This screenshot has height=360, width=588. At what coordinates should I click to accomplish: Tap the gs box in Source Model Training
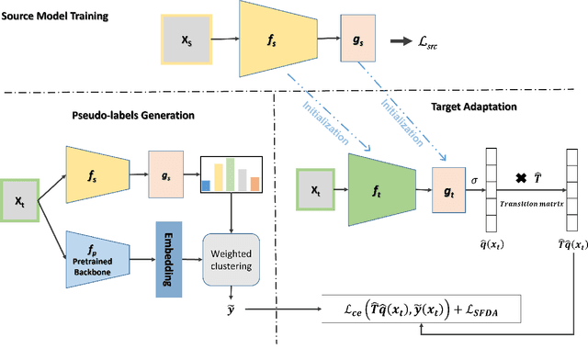pyautogui.click(x=356, y=40)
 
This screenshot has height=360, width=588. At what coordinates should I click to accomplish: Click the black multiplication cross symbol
pyautogui.click(x=521, y=177)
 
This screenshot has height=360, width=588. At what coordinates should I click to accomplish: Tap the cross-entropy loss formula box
pyautogui.click(x=421, y=314)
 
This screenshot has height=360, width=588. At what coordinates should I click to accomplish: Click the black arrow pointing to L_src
pyautogui.click(x=401, y=40)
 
